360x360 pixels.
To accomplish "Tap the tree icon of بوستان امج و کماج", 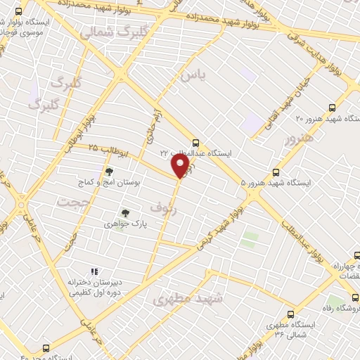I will (108, 171).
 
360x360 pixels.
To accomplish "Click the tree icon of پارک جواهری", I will (125, 212).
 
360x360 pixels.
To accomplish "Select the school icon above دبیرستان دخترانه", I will (94, 271).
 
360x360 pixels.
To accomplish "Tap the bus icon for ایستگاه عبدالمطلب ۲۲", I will (195, 141).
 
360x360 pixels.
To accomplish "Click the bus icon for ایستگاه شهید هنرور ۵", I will (276, 172).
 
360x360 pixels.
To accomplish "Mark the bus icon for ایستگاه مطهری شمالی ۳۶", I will (290, 315).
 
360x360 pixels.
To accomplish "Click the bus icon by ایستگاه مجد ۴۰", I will (46, 348).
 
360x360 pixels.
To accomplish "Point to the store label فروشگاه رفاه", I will (342, 308).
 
